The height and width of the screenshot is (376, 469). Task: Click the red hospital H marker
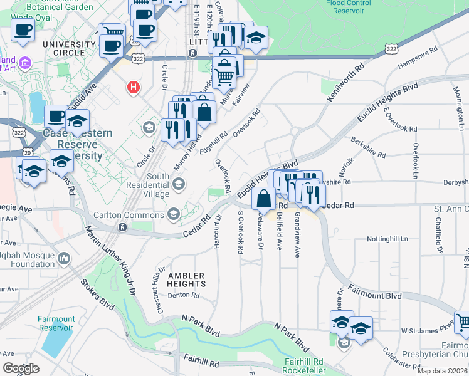tap(133, 87)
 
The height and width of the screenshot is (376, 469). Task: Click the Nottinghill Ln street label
tap(387, 239)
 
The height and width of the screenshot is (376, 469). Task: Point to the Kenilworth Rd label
tap(345, 82)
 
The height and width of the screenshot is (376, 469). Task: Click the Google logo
tap(21, 368)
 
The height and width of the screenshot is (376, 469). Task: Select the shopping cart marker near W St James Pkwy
tap(463, 323)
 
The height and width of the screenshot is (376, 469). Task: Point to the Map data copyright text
tap(441, 370)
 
